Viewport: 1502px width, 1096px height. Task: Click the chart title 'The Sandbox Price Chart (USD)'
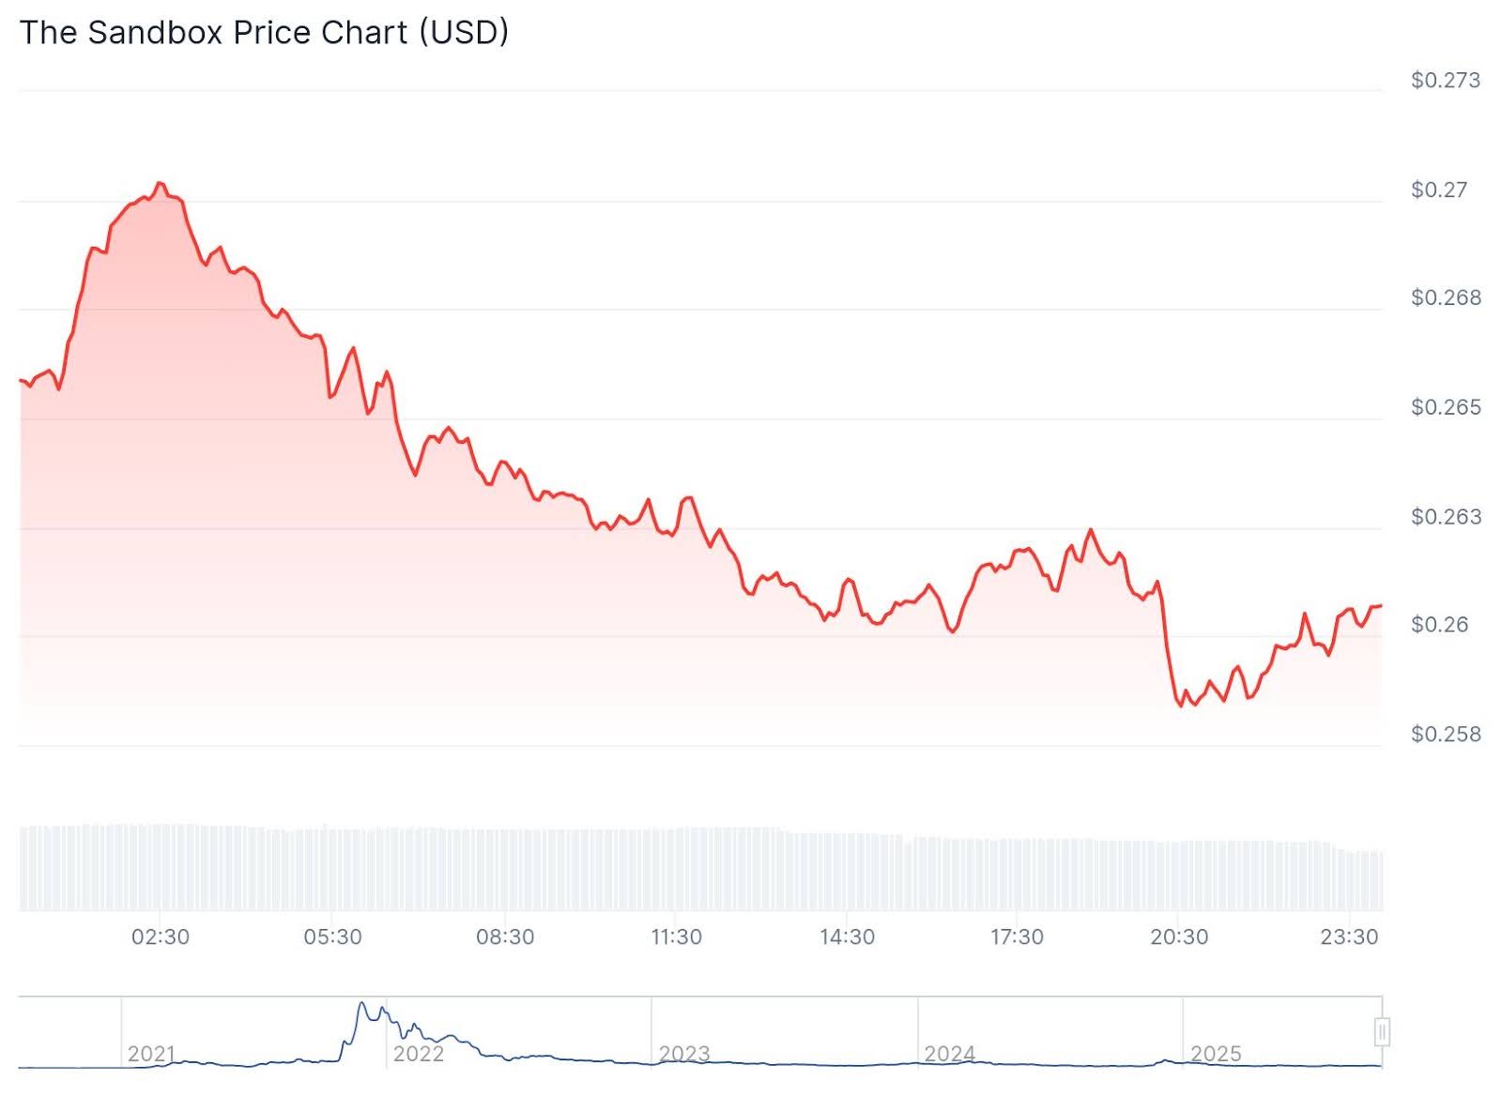[x=264, y=33]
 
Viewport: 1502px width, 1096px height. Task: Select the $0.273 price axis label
[x=1445, y=81]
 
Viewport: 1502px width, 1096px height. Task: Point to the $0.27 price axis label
[x=1438, y=190]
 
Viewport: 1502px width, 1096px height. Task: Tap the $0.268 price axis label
[x=1445, y=298]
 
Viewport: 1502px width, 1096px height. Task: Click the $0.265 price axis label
[x=1445, y=408]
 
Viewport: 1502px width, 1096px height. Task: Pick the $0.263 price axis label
[x=1445, y=517]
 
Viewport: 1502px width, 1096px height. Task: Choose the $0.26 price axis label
[x=1438, y=625]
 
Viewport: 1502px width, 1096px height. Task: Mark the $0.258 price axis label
[x=1445, y=735]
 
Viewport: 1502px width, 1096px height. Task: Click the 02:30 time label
[x=161, y=937]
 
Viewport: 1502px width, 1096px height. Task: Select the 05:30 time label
[x=332, y=937]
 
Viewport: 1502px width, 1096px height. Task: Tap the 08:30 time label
[x=505, y=937]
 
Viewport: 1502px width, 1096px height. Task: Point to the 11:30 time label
[x=676, y=937]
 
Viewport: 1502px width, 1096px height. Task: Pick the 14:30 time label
[x=847, y=937]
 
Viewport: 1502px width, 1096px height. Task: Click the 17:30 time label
[x=1017, y=937]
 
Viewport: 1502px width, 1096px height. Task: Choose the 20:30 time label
[x=1179, y=937]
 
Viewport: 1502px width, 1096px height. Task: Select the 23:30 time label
[x=1349, y=937]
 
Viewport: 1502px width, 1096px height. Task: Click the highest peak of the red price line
[x=160, y=183]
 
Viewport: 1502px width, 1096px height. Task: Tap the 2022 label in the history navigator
[x=418, y=1054]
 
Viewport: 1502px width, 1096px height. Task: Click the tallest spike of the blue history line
[x=362, y=1004]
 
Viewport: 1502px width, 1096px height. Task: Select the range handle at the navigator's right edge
[x=1381, y=1032]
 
